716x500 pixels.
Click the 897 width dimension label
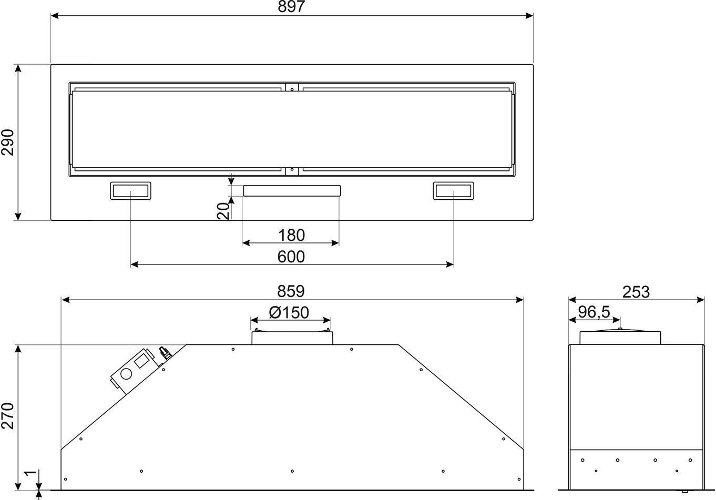point(291,6)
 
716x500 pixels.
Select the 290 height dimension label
point(8,142)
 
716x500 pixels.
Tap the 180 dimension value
point(291,236)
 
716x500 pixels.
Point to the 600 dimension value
point(291,257)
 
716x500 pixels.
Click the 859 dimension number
point(291,291)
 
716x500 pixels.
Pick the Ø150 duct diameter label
point(289,312)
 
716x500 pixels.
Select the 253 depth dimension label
point(636,292)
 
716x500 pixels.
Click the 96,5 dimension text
point(594,312)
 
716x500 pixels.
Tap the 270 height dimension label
point(8,415)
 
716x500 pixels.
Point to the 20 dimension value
point(223,211)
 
